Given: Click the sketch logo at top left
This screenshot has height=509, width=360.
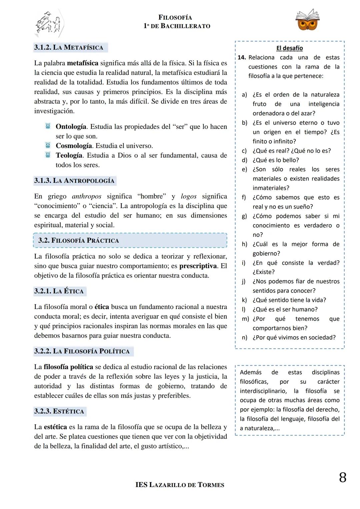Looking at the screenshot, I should point(49,23).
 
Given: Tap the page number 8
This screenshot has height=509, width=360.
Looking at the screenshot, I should point(342,478).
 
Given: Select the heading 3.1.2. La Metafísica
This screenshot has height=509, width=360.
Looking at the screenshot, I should point(69,47).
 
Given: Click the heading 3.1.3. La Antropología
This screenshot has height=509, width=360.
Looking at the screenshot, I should point(74,181).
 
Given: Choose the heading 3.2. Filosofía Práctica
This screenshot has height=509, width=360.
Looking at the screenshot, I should point(79,240).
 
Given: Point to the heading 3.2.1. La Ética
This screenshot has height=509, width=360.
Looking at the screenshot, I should point(59,291).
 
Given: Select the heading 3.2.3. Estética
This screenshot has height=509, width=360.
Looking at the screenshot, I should point(59,411).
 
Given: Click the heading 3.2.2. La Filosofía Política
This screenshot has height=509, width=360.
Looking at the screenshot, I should point(82,351).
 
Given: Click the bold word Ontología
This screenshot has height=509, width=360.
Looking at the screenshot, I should point(71,127).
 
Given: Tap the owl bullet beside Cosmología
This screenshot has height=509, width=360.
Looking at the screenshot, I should point(48,146).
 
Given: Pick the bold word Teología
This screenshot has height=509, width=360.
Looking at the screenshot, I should point(69,155).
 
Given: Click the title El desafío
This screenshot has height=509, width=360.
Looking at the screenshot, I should point(289,48).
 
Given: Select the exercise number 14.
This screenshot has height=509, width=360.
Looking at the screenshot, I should point(242,57).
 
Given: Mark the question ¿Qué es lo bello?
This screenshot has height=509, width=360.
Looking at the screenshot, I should point(276,160).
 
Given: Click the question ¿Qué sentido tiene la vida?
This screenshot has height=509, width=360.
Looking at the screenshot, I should point(289,300).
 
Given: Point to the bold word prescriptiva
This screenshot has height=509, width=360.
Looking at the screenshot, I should point(198,266).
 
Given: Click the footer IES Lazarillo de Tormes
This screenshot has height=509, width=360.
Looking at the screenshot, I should point(180,485).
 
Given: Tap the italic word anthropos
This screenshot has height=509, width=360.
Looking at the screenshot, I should point(87,196).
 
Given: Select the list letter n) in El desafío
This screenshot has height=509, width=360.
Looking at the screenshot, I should point(245,337).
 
